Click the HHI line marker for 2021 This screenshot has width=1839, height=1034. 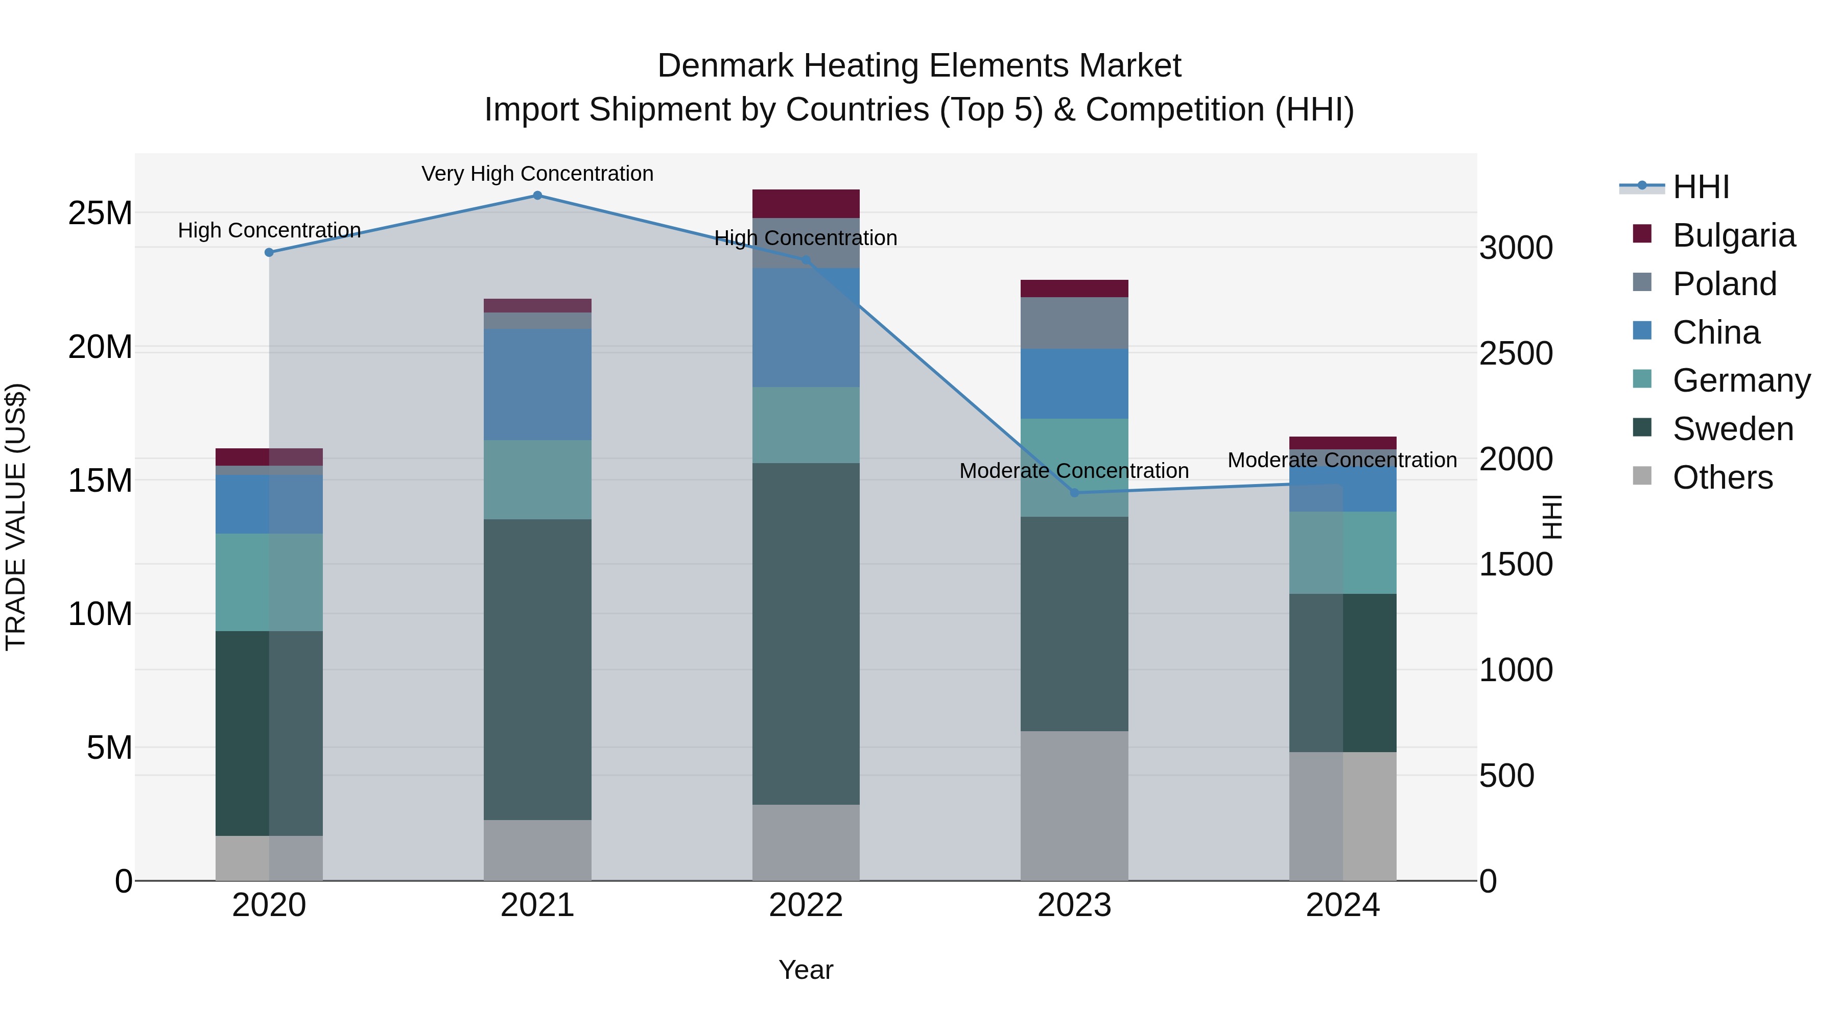click(537, 196)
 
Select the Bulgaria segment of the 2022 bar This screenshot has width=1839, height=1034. click(806, 204)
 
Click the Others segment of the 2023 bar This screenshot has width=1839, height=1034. click(1074, 806)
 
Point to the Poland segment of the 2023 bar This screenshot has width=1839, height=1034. click(1074, 323)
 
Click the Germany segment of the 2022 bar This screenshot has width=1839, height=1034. click(806, 425)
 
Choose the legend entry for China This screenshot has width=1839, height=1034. click(1715, 332)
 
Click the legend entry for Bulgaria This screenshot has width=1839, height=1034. click(1733, 235)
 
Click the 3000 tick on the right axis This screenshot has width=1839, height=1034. click(1516, 248)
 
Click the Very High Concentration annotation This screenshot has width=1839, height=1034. click(537, 174)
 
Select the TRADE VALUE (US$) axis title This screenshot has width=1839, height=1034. click(16, 517)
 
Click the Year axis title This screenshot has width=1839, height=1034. click(806, 970)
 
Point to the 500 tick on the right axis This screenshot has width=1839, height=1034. click(1506, 776)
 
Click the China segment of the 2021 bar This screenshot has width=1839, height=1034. click(537, 384)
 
